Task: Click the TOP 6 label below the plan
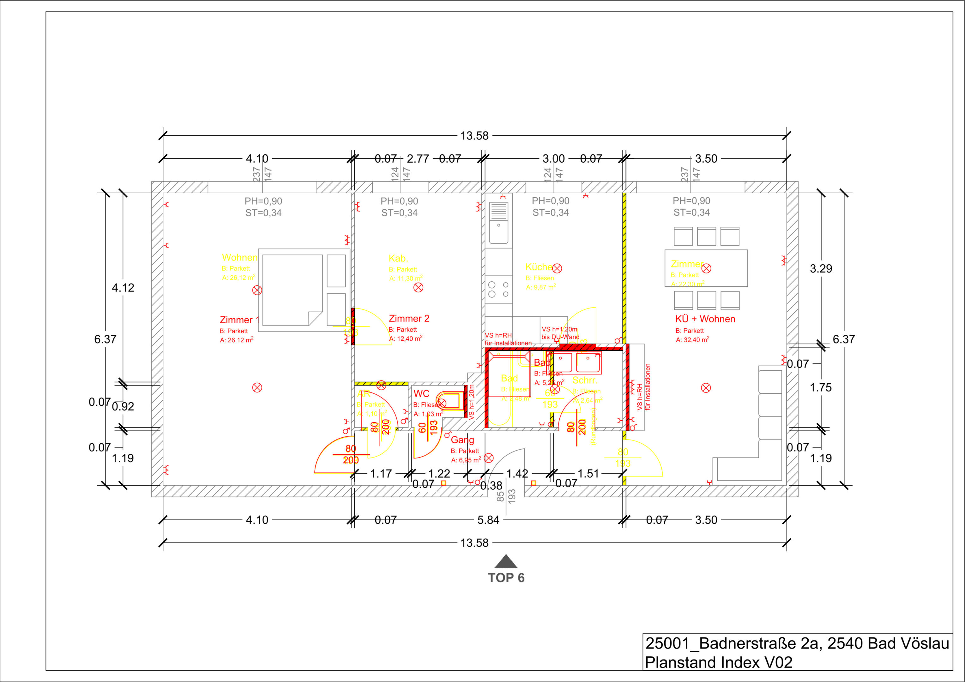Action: tap(506, 578)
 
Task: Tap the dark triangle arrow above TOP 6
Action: tap(506, 562)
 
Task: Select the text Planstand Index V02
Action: tap(719, 662)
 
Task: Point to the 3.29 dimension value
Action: tap(821, 268)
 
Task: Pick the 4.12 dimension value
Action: tap(123, 288)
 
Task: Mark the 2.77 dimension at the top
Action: tap(418, 159)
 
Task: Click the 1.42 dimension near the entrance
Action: tap(517, 474)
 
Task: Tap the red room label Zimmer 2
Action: tap(409, 319)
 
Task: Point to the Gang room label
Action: tap(462, 440)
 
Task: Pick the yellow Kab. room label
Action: tap(398, 258)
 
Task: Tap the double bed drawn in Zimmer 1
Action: tap(293, 290)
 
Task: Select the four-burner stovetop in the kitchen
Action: tap(498, 289)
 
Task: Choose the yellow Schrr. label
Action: tap(585, 380)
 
